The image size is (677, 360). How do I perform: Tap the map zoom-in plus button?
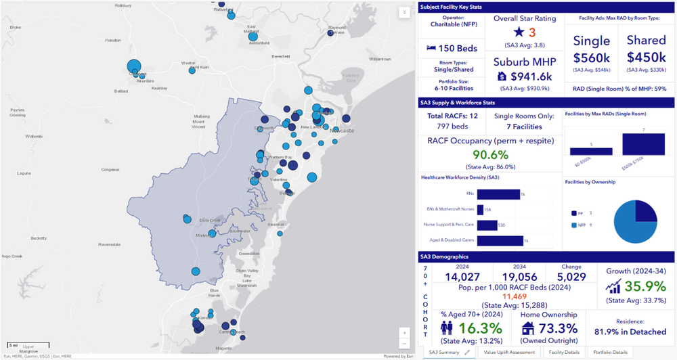click(404, 332)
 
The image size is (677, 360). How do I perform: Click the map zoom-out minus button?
click(404, 343)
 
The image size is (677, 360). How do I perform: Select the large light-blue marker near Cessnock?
click(134, 66)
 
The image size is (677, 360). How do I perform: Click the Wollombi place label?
click(33, 136)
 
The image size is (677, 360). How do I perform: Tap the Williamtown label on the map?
click(380, 59)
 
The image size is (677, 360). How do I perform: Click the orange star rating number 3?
click(532, 32)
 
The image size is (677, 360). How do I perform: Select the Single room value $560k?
click(592, 57)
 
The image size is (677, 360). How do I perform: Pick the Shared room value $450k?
click(646, 57)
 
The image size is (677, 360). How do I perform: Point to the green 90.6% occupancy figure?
click(490, 155)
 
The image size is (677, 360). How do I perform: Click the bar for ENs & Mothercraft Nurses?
click(480, 210)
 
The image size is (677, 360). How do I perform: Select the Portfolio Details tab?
click(610, 353)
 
